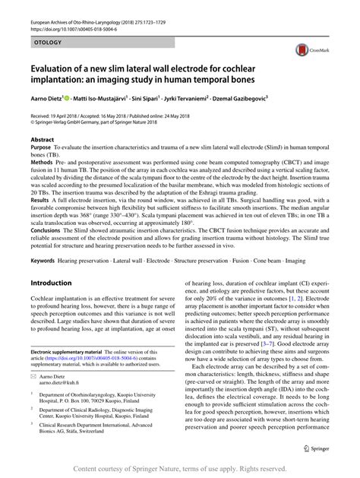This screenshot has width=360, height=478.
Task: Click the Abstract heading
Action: click(x=42, y=140)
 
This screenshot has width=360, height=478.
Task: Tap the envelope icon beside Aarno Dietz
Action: click(x=34, y=376)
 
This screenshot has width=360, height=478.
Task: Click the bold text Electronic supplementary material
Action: click(x=71, y=353)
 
